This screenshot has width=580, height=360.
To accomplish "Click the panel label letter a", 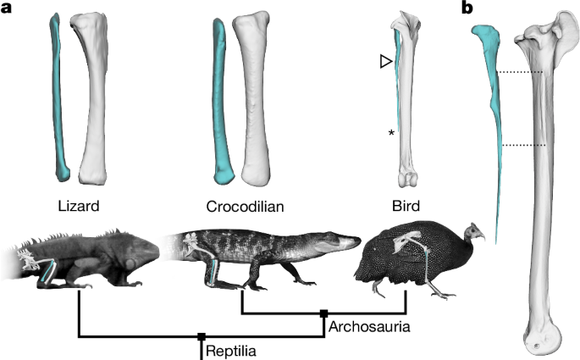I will tap(7, 9).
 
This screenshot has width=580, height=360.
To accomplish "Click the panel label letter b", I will tap(465, 9).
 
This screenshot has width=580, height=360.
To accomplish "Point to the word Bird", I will tap(412, 207).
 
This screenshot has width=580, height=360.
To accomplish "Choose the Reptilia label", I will tap(233, 348).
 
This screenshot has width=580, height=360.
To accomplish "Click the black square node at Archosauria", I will tap(323, 313).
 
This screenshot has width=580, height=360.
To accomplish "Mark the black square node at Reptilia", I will tap(201, 336).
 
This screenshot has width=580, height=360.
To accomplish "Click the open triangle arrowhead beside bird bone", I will tap(386, 62).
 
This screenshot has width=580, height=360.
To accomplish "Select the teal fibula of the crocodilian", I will tap(218, 97).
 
